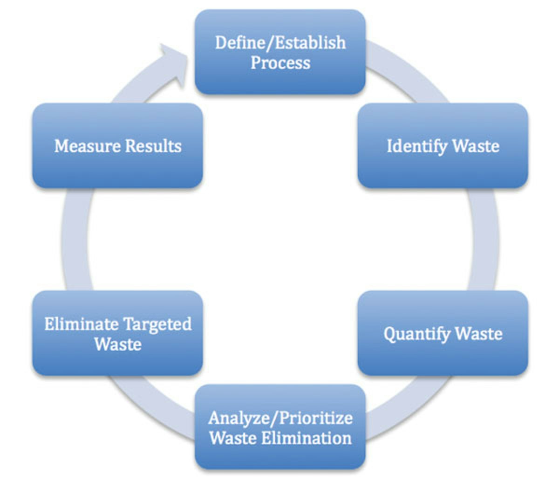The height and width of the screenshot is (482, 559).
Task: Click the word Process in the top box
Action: click(280, 62)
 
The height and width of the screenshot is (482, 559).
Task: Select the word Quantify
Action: click(417, 334)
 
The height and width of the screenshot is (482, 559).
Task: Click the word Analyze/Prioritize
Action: click(280, 418)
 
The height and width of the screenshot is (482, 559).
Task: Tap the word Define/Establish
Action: click(280, 42)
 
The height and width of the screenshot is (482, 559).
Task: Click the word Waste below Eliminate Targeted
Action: click(117, 344)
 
